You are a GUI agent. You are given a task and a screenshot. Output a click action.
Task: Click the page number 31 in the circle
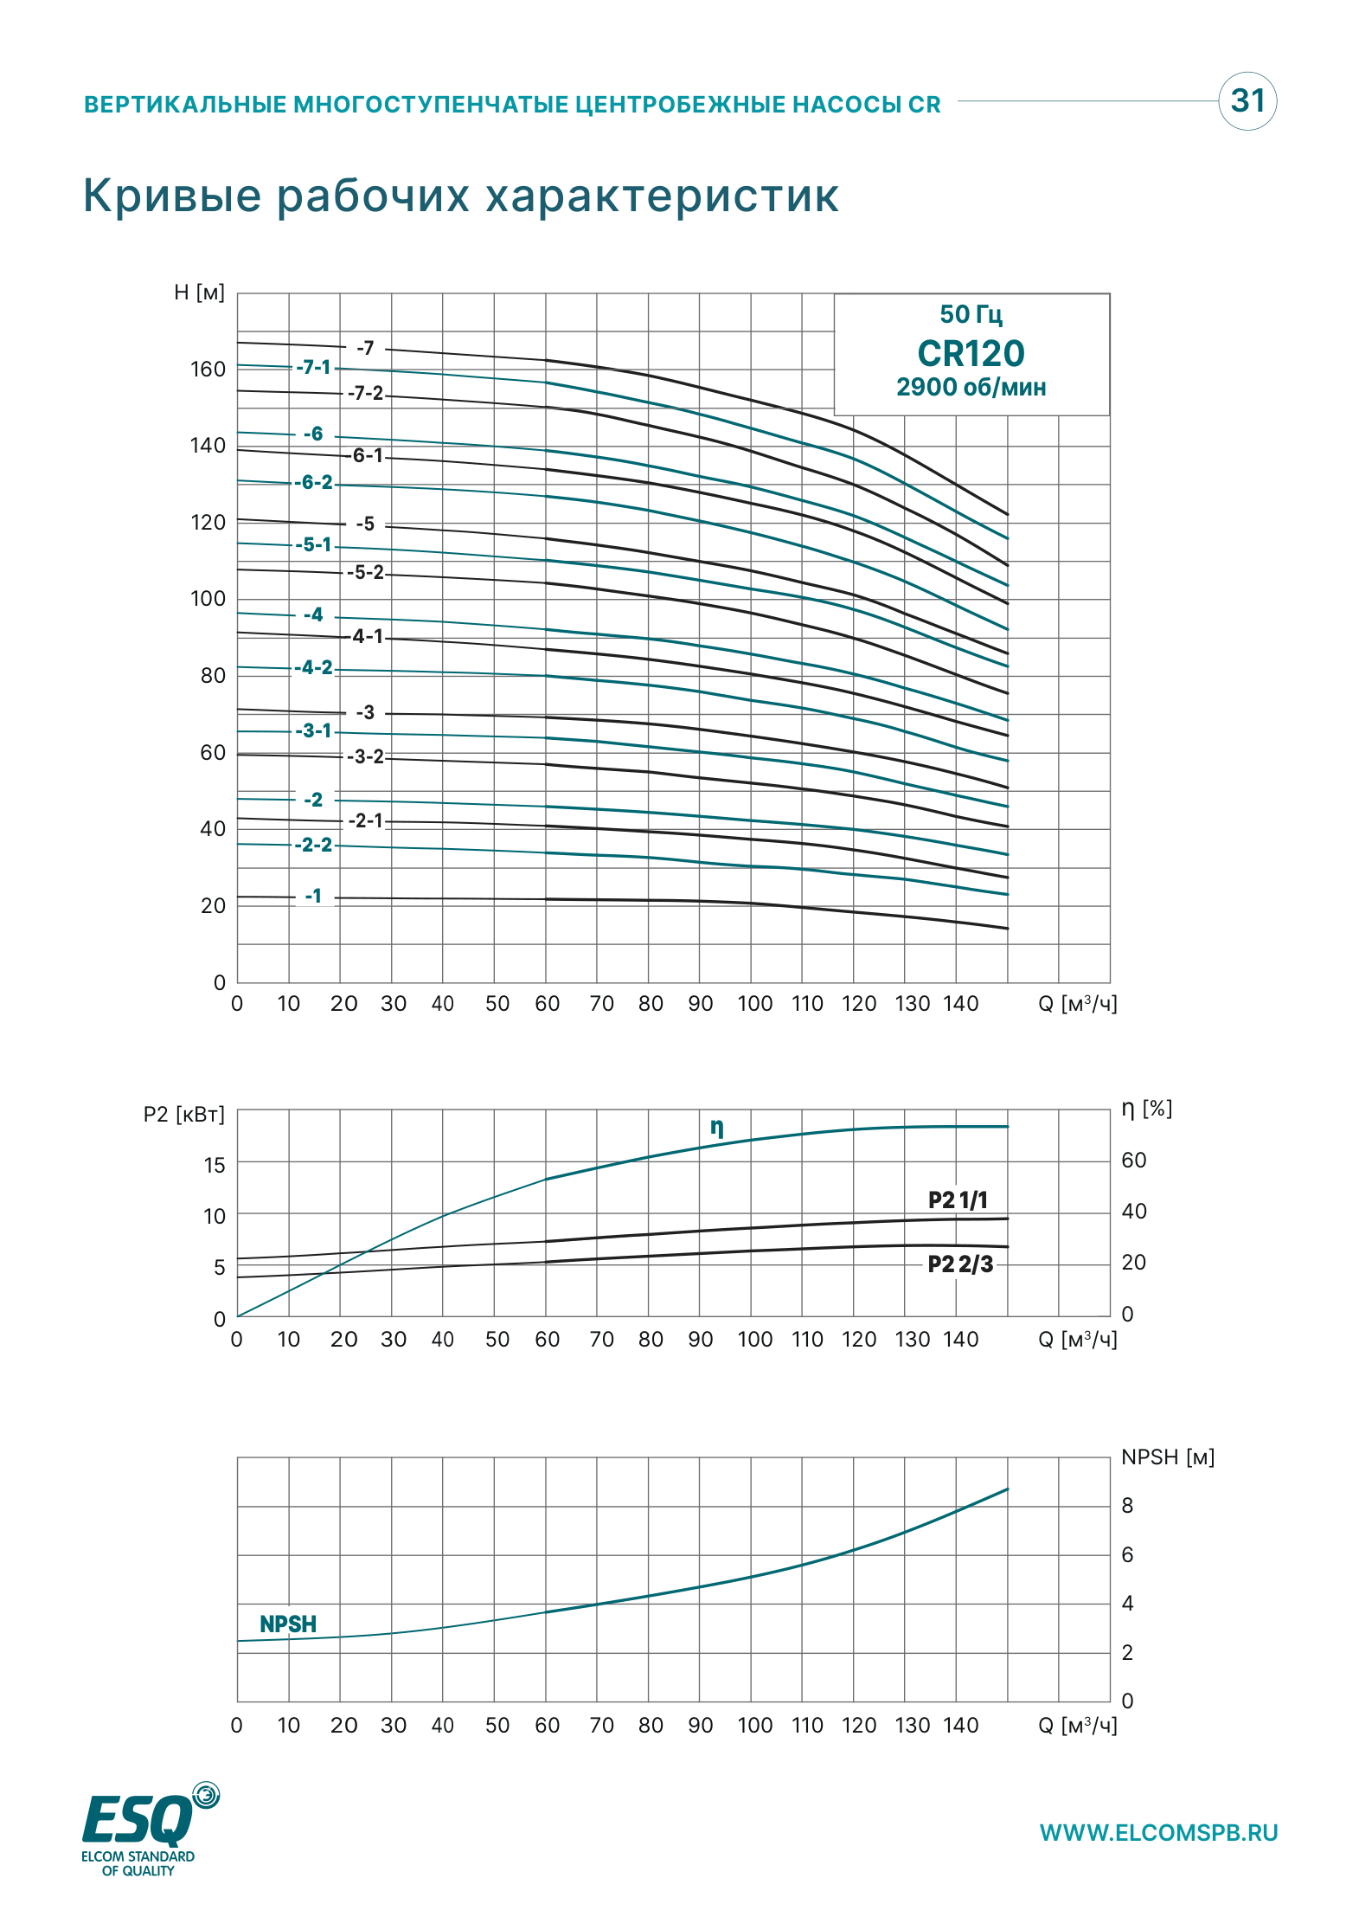(1247, 101)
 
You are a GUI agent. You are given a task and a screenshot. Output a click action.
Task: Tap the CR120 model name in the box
(971, 353)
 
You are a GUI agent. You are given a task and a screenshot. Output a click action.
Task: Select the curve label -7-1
(313, 368)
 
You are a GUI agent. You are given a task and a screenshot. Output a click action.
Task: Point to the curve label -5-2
(366, 573)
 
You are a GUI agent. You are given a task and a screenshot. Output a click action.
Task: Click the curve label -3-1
(313, 731)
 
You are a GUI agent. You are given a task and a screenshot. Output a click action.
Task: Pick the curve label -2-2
(313, 845)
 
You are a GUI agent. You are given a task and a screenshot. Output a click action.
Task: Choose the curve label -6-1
(367, 455)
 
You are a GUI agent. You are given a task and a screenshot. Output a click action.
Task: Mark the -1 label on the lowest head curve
(313, 897)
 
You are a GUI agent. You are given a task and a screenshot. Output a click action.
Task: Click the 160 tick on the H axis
(208, 370)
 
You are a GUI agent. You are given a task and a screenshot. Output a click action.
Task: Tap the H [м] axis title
(199, 293)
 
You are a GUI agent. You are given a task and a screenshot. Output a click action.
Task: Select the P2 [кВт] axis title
(184, 1114)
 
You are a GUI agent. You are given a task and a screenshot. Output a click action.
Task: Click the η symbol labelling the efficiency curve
(717, 1127)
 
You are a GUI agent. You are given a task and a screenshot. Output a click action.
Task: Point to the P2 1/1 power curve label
(958, 1199)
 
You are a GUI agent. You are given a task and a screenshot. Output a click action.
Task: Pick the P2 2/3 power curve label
(960, 1264)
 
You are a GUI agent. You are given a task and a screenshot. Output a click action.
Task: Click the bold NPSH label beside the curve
(288, 1624)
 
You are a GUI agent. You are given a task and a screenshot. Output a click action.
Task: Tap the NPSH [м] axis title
(1168, 1457)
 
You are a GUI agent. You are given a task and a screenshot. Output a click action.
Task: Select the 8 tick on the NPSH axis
(1127, 1506)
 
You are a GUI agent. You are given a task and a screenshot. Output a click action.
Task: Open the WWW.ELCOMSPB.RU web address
(1158, 1833)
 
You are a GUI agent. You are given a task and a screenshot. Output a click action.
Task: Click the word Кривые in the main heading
(172, 196)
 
